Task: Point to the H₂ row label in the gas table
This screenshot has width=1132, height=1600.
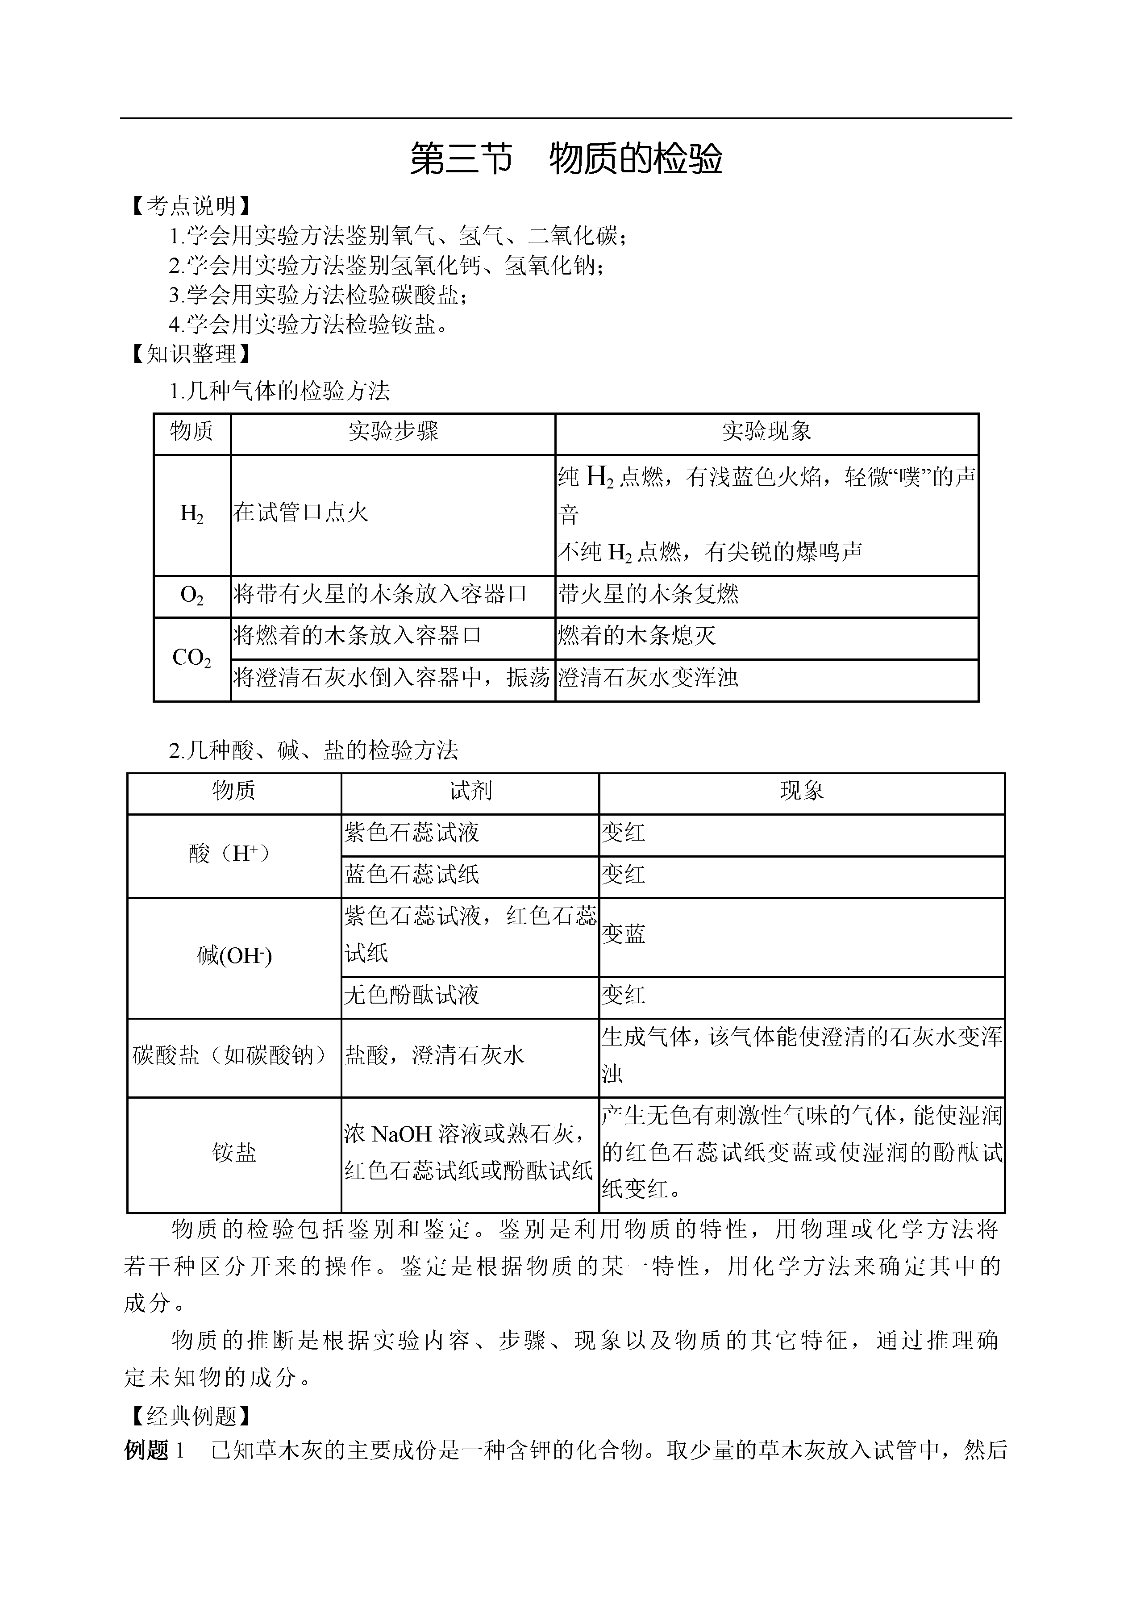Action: (x=191, y=515)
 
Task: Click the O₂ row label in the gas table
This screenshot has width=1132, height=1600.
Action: (x=191, y=596)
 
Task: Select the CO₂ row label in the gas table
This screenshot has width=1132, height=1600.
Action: (x=191, y=658)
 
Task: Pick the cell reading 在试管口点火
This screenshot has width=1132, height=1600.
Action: (x=300, y=513)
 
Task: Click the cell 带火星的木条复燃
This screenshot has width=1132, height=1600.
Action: (x=648, y=595)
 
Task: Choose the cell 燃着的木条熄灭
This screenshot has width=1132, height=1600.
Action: (x=637, y=636)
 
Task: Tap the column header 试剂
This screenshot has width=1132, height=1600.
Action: (x=470, y=791)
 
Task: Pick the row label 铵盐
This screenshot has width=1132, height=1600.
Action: (x=234, y=1152)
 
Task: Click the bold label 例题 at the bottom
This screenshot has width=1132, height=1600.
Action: (x=147, y=1451)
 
